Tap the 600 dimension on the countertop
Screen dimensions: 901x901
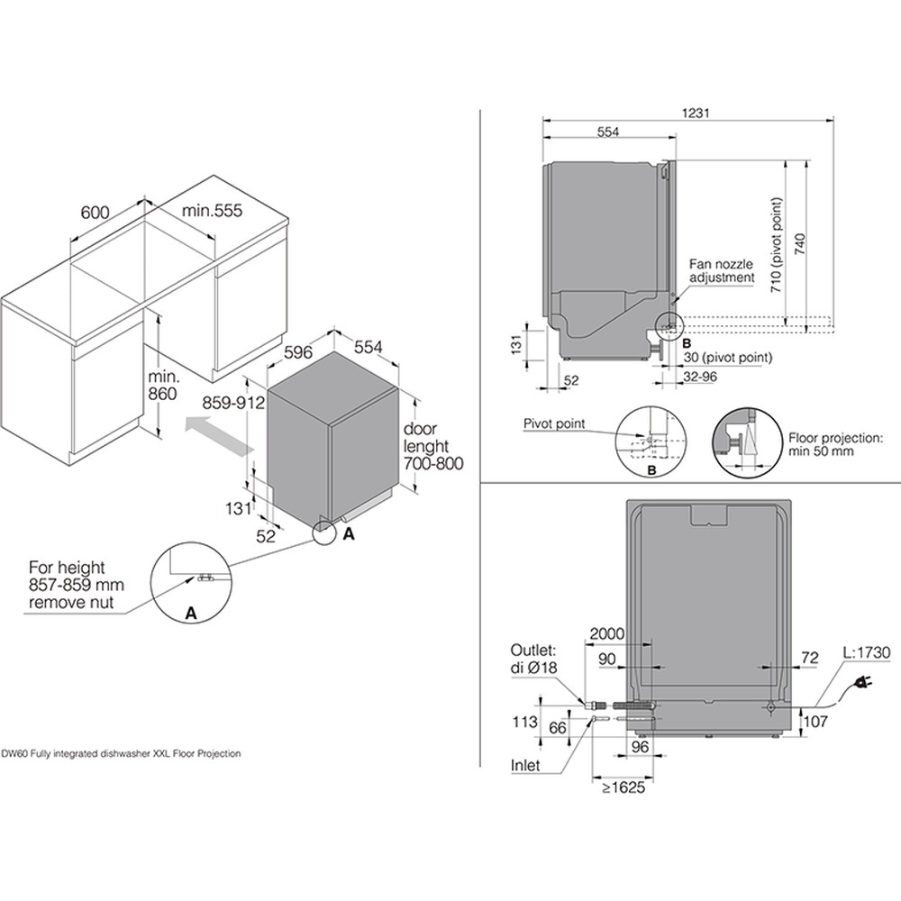coord(96,212)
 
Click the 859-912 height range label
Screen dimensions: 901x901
coord(232,405)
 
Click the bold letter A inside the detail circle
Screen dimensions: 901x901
coord(190,613)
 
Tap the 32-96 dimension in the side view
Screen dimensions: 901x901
coord(698,377)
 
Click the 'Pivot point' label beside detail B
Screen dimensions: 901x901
coord(553,423)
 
